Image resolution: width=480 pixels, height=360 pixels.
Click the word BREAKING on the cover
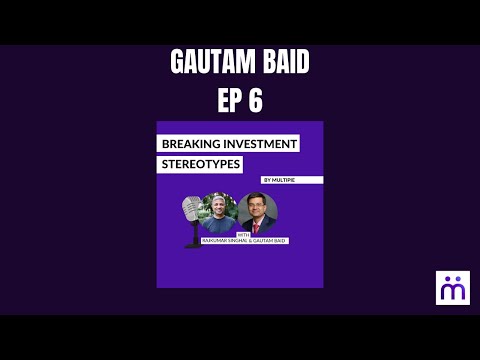194,144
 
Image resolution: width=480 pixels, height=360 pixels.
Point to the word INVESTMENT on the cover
261,144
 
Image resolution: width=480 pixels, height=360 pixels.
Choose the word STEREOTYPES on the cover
200,163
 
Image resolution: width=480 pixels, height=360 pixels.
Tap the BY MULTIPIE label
279,180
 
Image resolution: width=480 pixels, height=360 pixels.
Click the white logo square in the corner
452,287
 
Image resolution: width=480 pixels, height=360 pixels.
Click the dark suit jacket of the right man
267,228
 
